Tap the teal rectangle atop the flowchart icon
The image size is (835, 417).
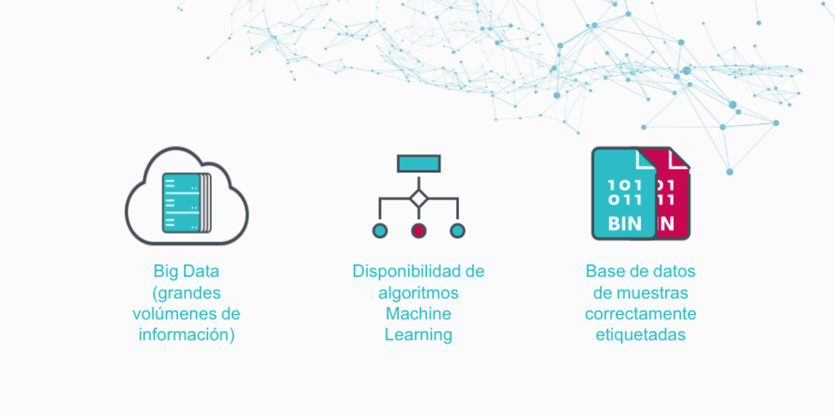pyautogui.click(x=418, y=163)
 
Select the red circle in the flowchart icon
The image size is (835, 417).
pyautogui.click(x=418, y=231)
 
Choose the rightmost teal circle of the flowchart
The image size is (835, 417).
pyautogui.click(x=457, y=231)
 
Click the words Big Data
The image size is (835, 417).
pyautogui.click(x=186, y=271)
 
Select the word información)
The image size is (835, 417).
pyautogui.click(x=186, y=335)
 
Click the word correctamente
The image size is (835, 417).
pyautogui.click(x=641, y=314)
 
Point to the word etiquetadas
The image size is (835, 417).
pyautogui.click(x=641, y=335)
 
